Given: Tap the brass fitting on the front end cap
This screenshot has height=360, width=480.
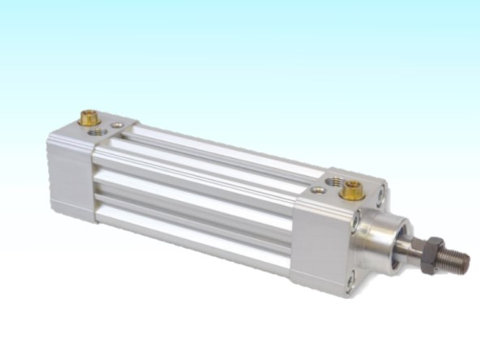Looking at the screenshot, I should point(351,191).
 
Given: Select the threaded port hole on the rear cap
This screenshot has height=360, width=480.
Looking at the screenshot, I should point(98,131).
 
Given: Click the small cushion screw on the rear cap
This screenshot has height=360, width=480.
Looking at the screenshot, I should point(118,125).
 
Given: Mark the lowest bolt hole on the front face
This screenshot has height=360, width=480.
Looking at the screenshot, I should point(349,281).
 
